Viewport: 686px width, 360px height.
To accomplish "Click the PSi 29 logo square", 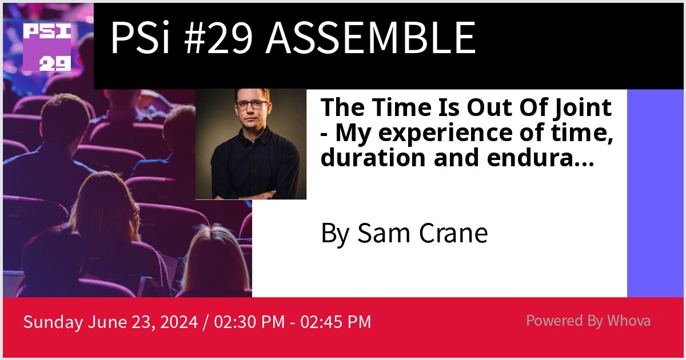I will point(47,47).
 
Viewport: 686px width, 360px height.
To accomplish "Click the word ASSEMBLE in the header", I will point(370,39).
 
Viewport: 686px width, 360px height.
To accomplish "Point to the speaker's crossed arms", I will point(252,191).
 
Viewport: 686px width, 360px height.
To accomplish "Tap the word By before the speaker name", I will point(335,234).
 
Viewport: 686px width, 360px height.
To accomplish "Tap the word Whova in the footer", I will point(629,321).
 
